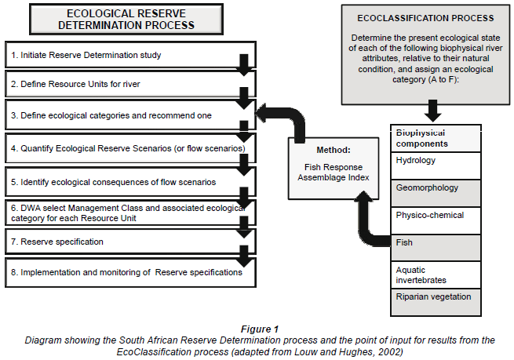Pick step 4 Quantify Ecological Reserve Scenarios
(x=126, y=147)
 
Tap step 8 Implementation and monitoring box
(x=126, y=272)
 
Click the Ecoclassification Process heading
(x=425, y=17)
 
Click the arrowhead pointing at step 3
(x=264, y=115)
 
